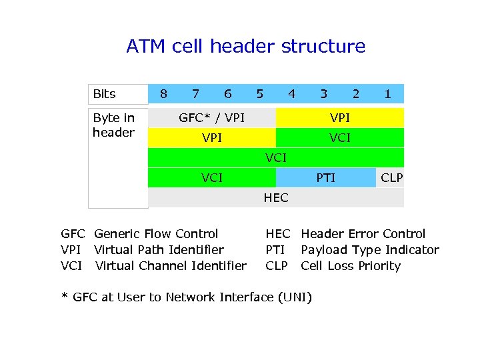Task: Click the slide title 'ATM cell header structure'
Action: pos(246,47)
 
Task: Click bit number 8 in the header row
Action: pos(164,94)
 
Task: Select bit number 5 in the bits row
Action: pos(260,94)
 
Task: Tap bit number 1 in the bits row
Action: pos(387,94)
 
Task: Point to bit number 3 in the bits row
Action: pos(323,94)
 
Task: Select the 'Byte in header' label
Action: pos(114,125)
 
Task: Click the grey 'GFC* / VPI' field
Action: pos(211,118)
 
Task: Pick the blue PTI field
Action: pos(325,177)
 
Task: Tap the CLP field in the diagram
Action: pos(391,177)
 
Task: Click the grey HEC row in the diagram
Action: pos(275,198)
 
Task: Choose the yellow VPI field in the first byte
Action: pos(339,118)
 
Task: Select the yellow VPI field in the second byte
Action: pos(211,138)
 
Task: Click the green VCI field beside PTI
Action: pos(211,177)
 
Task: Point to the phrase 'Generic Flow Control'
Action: pos(156,234)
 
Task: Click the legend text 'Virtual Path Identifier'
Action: pos(159,250)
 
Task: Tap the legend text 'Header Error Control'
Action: pos(363,234)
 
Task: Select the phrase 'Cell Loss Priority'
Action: pos(351,266)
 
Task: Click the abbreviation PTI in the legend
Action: pos(276,250)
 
